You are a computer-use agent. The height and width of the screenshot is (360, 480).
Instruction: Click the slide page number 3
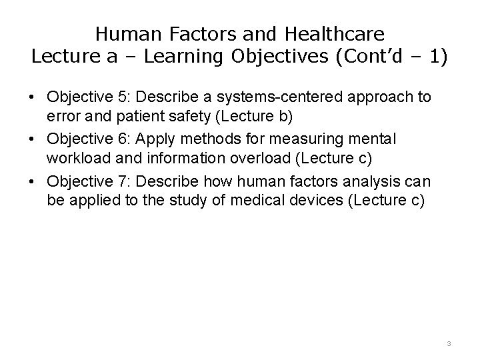point(449,343)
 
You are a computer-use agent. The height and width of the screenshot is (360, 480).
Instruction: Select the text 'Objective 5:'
point(83,97)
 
